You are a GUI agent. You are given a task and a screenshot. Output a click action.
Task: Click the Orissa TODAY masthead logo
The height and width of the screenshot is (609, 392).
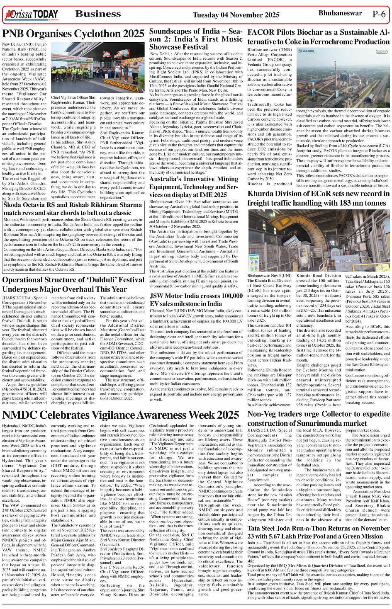coord(31,15)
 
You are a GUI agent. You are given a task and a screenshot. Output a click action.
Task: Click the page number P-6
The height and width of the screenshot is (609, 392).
coord(379,14)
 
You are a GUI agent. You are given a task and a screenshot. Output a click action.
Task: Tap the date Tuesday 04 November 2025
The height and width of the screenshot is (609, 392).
coord(236,15)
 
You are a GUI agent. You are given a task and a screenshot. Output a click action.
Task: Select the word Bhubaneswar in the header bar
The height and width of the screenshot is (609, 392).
coord(340,13)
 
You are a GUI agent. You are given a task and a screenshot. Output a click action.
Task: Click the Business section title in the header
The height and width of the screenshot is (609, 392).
coord(98,14)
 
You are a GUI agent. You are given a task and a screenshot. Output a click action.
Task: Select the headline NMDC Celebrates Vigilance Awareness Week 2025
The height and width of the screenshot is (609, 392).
coord(120,415)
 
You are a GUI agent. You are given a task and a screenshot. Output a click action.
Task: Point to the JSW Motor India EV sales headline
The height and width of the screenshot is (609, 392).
coord(196,300)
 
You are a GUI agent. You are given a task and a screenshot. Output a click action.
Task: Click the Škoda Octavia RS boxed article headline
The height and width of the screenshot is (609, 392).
coord(73,209)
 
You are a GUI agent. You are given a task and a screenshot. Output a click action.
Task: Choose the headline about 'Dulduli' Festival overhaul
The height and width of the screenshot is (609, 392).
coord(73,284)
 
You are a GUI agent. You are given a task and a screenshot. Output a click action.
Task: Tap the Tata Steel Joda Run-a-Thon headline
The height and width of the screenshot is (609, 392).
coord(318,532)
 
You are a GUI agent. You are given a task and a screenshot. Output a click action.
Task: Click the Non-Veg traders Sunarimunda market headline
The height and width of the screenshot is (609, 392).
coord(318,418)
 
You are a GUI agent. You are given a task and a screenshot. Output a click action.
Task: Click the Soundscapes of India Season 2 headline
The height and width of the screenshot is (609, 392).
coord(196,39)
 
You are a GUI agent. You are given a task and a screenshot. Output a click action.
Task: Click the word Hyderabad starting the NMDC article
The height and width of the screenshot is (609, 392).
coord(12,426)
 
